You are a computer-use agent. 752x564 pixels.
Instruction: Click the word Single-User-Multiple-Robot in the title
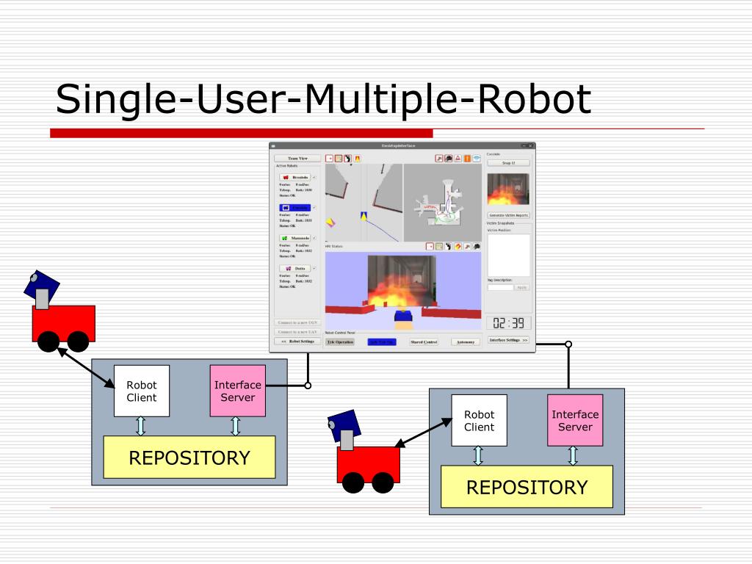(323, 99)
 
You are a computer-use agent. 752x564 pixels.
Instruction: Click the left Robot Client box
(141, 391)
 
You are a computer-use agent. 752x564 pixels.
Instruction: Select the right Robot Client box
(479, 420)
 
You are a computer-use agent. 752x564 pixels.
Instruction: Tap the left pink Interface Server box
(237, 391)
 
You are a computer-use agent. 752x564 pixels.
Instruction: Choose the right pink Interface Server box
(575, 420)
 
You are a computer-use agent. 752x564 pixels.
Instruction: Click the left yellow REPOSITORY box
(189, 458)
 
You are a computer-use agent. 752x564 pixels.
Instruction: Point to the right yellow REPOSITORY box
(527, 487)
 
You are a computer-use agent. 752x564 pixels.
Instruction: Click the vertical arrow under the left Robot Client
(141, 426)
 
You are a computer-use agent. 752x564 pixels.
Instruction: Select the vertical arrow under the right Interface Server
(573, 455)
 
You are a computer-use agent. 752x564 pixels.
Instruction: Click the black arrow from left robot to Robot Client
(86, 367)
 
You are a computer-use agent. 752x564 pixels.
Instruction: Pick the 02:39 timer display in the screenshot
(508, 323)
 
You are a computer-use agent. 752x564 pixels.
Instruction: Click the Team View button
(297, 158)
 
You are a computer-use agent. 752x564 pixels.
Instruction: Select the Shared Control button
(424, 342)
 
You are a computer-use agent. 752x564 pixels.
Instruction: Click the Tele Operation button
(340, 342)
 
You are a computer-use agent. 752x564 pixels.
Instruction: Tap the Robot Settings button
(297, 341)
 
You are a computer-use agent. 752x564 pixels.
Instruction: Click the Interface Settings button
(508, 340)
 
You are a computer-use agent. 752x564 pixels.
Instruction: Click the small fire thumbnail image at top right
(508, 189)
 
